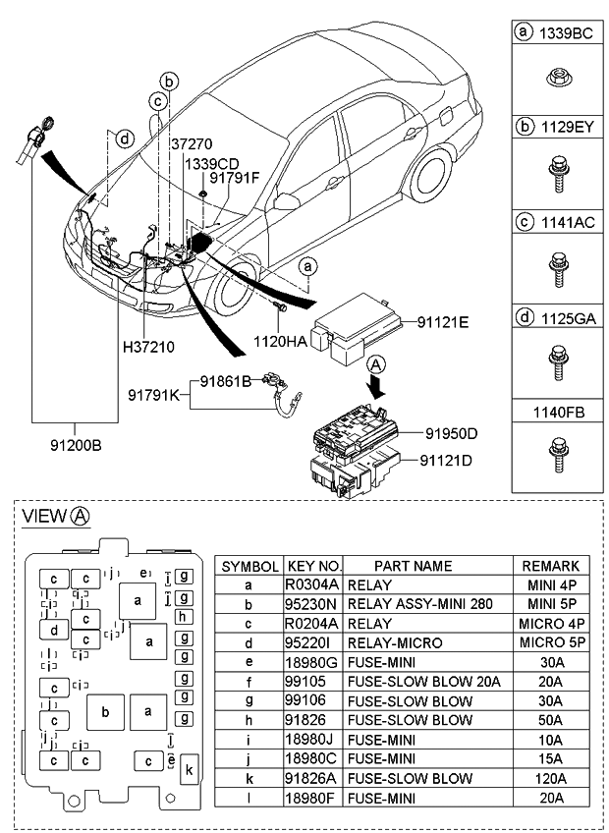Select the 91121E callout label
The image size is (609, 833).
click(442, 321)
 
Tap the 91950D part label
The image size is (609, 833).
click(451, 432)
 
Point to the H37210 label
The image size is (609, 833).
click(148, 348)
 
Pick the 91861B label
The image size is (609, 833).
click(227, 379)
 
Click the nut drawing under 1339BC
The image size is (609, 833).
click(555, 78)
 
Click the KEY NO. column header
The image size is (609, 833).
click(313, 566)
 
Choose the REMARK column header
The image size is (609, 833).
click(550, 566)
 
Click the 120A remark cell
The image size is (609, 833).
click(550, 778)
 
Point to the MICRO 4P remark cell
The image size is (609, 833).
click(550, 623)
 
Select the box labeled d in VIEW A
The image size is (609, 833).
click(54, 630)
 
